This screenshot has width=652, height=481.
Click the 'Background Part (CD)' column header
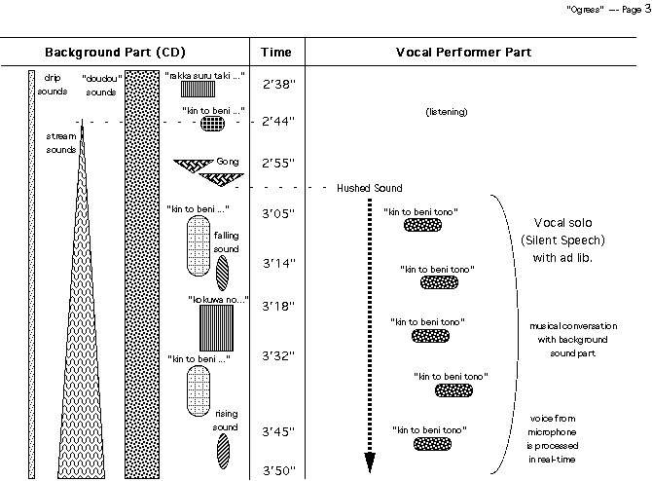point(115,51)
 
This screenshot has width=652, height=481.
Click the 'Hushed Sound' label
point(369,187)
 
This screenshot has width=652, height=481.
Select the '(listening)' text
point(447,113)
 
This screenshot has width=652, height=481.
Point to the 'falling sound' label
point(225,241)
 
